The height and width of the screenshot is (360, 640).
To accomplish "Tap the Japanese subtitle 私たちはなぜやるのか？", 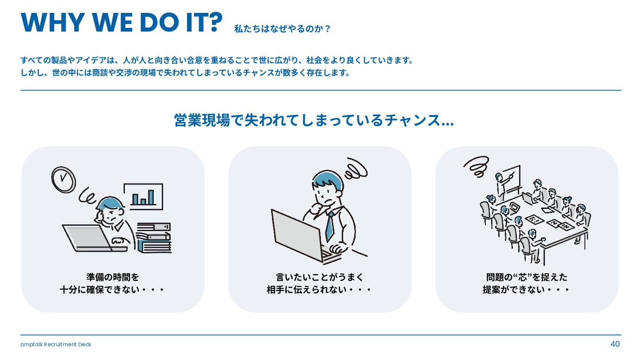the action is [282, 29].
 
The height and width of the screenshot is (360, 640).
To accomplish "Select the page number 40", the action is [615, 344].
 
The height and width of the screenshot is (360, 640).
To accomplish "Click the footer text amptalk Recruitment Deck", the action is [56, 344].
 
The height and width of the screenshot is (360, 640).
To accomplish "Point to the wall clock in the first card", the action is [64, 180].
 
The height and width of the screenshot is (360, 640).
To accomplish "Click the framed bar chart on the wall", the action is [144, 196].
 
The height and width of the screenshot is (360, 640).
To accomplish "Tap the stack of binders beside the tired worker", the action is [154, 238].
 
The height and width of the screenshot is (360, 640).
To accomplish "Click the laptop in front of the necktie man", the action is [303, 237].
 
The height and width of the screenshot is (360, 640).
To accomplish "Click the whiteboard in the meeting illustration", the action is [512, 180].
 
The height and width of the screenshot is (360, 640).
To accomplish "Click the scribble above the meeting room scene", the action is [476, 167].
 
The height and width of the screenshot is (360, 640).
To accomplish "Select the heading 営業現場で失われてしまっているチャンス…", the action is [314, 120].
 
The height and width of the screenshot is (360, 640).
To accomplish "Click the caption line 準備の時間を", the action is [112, 277].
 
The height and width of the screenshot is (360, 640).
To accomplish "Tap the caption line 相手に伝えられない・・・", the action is [319, 290].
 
